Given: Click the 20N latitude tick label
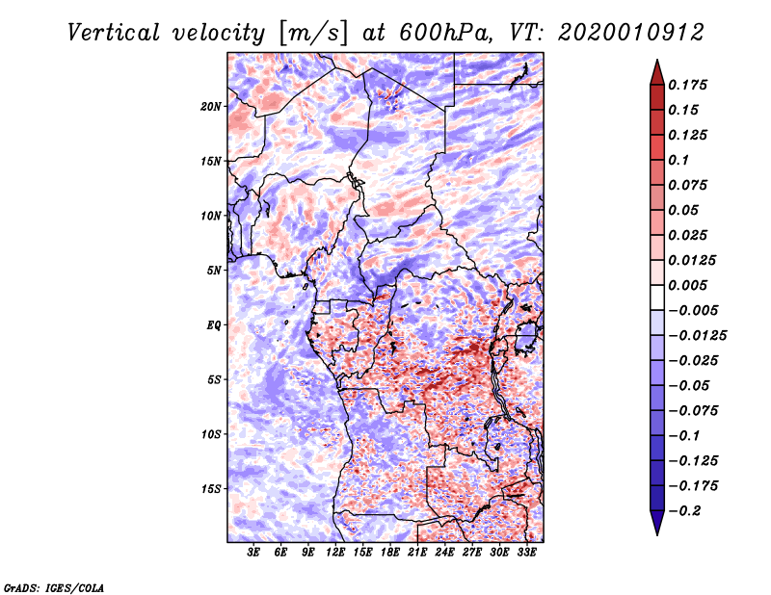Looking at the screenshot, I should click(x=211, y=106).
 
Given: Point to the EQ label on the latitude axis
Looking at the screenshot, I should click(x=214, y=324).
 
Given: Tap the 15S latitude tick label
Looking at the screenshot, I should click(x=211, y=488).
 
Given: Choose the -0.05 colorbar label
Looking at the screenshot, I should click(x=688, y=385).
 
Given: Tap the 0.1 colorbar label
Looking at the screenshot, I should click(x=679, y=160).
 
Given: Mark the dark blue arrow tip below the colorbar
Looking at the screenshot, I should click(x=655, y=527).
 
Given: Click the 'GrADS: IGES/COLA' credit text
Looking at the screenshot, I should click(x=54, y=585).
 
